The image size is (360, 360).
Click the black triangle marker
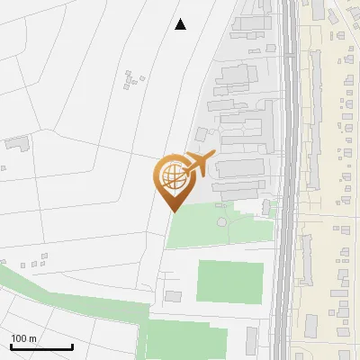tap(181, 24)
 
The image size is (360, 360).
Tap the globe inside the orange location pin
tap(171, 176)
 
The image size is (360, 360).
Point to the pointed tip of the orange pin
tap(173, 211)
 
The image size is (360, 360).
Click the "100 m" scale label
tap(23, 338)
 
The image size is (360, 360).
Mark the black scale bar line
tap(41, 347)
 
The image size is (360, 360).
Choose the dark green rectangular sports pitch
tap(229, 282)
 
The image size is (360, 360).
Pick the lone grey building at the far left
tap(17, 142)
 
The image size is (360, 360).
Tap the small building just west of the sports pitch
tap(173, 296)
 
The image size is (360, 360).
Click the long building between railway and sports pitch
tap(275, 279)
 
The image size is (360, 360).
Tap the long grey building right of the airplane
tap(238, 167)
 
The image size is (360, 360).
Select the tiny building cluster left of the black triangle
tap(133, 79)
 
